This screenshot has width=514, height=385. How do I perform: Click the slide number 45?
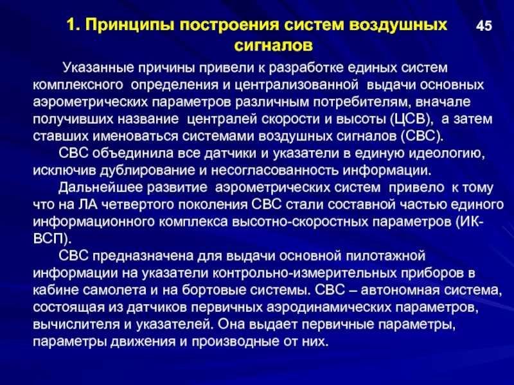(x=484, y=26)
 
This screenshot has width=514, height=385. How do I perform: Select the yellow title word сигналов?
(x=274, y=46)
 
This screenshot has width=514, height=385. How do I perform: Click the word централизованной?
(x=296, y=85)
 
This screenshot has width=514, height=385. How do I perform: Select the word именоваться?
(x=136, y=136)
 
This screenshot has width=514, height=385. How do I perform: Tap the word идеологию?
(x=447, y=153)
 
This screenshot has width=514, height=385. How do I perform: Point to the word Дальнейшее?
(x=100, y=188)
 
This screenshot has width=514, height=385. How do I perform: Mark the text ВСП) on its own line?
(x=52, y=239)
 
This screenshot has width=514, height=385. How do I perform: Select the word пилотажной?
(x=385, y=255)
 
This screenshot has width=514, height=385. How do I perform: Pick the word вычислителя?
(x=76, y=325)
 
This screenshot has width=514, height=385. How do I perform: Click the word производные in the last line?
(x=235, y=341)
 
